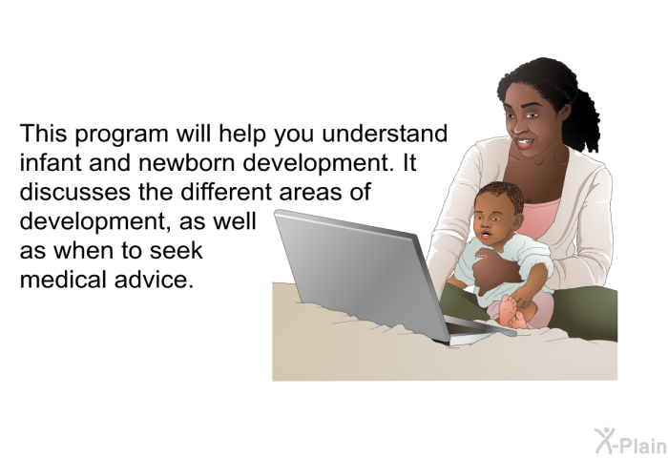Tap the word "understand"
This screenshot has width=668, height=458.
pos(385,134)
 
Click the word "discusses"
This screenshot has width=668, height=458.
pos(75,192)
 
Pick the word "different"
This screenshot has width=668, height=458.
pos(226,192)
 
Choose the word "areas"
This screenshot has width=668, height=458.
pos(310,193)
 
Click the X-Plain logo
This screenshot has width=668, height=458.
pos(631,441)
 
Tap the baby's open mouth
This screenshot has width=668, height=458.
pos(485,235)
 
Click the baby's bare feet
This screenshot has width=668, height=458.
pos(513,312)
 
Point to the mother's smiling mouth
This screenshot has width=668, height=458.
pos(524,143)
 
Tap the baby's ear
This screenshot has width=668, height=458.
pos(517,220)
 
